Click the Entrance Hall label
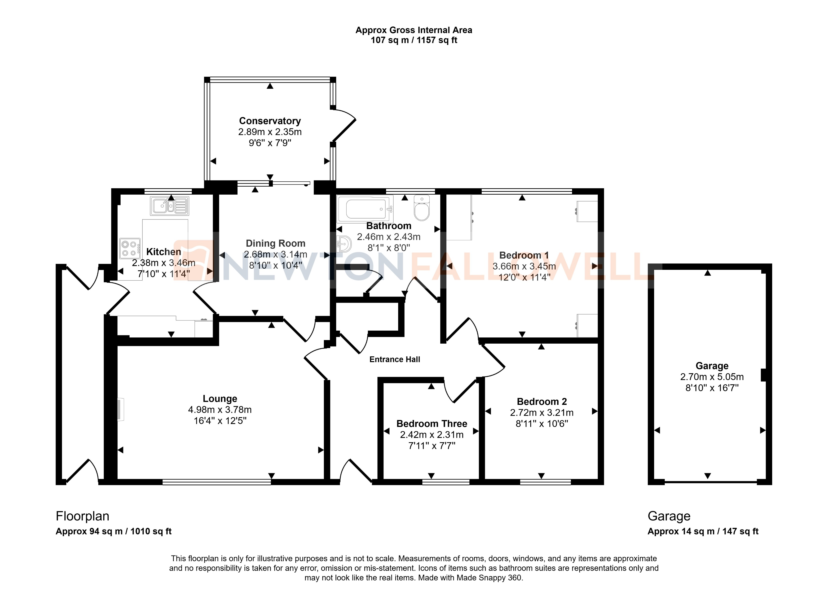pyautogui.click(x=395, y=359)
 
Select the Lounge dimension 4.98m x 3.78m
pyautogui.click(x=220, y=410)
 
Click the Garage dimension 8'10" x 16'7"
pyautogui.click(x=712, y=388)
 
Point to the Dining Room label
pyautogui.click(x=275, y=244)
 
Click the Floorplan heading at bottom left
pyautogui.click(x=83, y=516)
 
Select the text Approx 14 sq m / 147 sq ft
pyautogui.click(x=703, y=531)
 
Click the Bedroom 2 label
pyautogui.click(x=542, y=402)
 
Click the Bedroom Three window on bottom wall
pyautogui.click(x=446, y=482)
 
